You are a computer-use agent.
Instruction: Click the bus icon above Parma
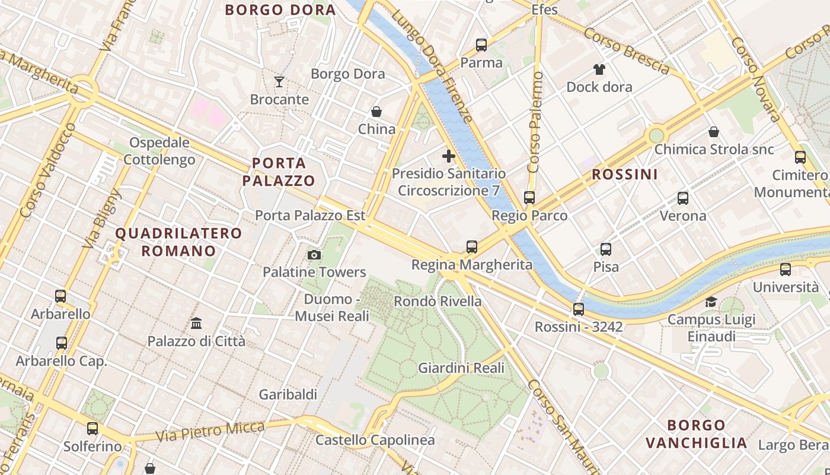pos(481,45)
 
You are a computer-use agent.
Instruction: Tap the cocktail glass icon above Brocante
pos(279,81)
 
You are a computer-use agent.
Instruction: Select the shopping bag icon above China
pos(376,112)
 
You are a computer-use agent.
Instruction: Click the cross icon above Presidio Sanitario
pos(449,157)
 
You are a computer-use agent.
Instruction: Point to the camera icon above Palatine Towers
pos(314,255)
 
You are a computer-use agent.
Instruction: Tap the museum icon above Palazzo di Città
pos(196,324)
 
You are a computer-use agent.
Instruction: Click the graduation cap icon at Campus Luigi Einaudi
pos(711,302)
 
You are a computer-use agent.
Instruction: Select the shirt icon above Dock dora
pos(599,69)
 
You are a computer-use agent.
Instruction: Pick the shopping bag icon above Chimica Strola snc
pos(714,132)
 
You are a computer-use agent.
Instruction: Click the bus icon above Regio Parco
pos(529,198)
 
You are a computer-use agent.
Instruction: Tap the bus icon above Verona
pos(683,198)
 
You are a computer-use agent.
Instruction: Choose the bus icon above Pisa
pos(606,249)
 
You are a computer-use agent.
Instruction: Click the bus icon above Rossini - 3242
pos(579,309)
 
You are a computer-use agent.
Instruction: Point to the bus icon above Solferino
pos(92,429)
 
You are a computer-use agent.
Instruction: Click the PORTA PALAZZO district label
pos(279,172)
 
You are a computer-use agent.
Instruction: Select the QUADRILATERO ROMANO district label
pos(178,242)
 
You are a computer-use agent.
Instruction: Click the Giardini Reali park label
pos(461,368)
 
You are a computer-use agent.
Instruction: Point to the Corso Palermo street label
pos(535,122)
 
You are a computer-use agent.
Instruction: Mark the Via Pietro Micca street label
pos(210,432)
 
